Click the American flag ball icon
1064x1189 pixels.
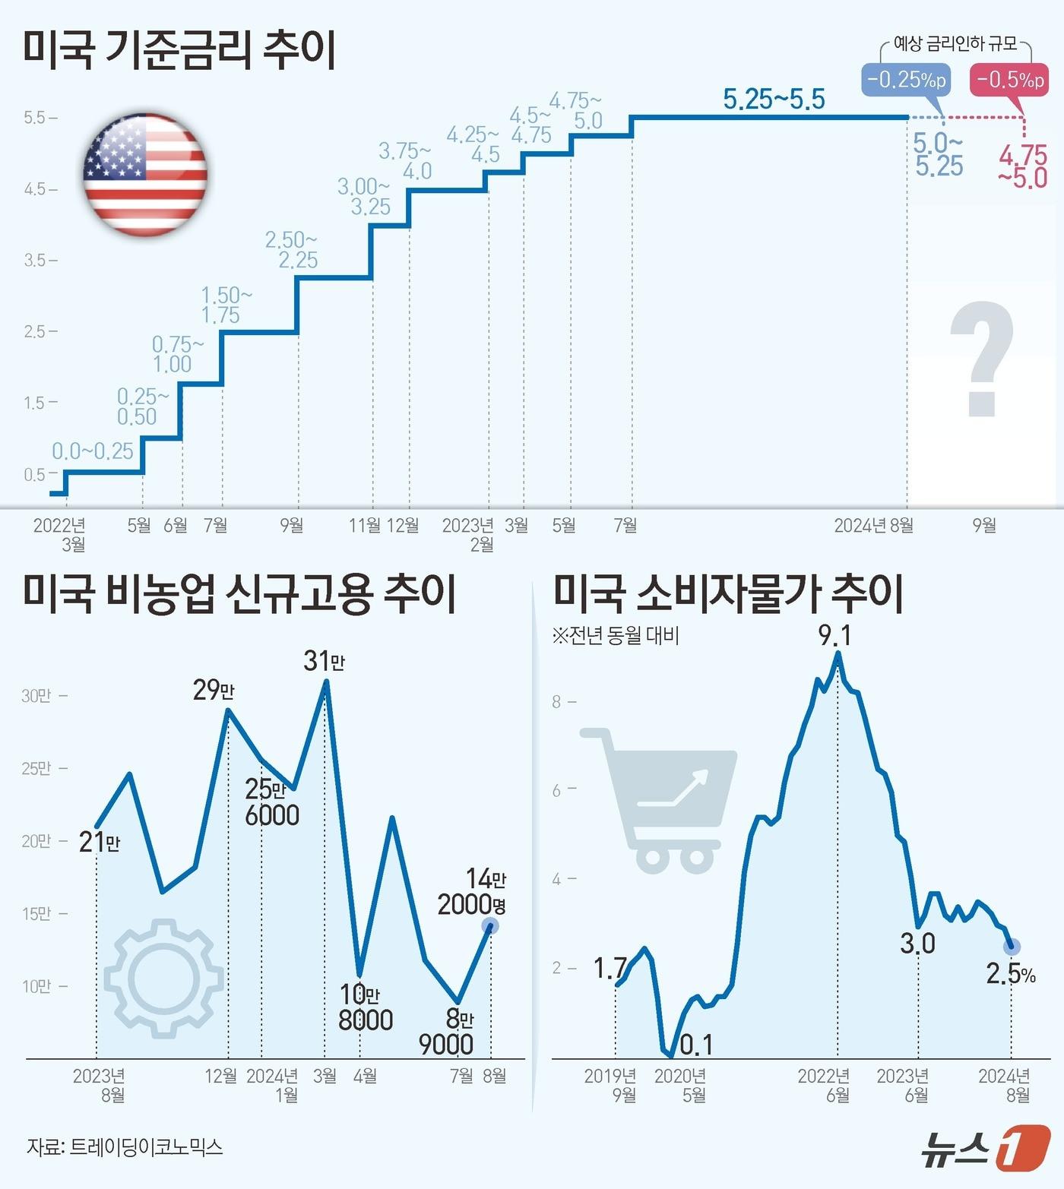(144, 175)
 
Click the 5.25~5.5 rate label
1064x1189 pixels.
(773, 100)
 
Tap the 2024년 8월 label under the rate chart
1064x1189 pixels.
(873, 525)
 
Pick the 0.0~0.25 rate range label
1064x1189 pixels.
(92, 451)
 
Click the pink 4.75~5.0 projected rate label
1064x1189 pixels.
(1023, 167)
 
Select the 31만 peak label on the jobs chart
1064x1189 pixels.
(324, 661)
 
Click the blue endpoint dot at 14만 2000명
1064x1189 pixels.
(490, 926)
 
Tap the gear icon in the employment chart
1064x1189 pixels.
(163, 978)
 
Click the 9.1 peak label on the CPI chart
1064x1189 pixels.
(834, 635)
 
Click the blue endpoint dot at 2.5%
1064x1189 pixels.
(1012, 947)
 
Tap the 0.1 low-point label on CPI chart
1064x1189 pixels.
(695, 1045)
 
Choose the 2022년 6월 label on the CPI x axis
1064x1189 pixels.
(825, 1085)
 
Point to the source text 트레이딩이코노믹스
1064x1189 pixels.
(146, 1146)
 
